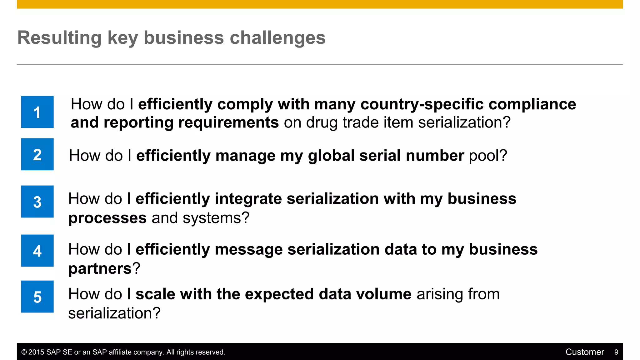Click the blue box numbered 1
click(37, 112)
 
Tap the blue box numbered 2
click(37, 154)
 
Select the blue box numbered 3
click(37, 202)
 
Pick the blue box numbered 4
click(37, 251)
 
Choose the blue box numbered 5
click(37, 297)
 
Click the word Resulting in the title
click(59, 38)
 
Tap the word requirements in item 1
click(228, 122)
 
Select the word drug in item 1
click(322, 122)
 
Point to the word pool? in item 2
click(488, 156)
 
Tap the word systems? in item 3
click(216, 218)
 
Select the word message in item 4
click(249, 249)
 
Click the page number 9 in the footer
click(616, 352)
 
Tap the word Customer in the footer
click(585, 352)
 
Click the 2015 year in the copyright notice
click(36, 352)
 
